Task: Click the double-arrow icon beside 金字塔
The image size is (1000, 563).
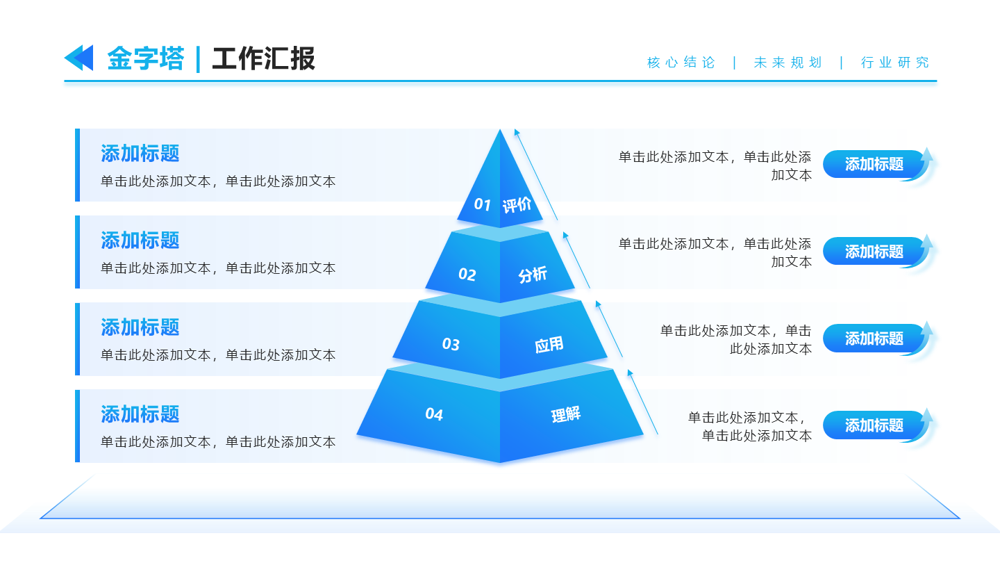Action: click(78, 58)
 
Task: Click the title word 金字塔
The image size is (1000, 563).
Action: click(146, 59)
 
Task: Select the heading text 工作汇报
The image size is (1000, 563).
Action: click(263, 59)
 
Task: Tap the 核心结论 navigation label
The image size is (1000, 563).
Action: click(681, 63)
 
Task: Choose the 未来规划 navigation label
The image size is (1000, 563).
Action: click(787, 63)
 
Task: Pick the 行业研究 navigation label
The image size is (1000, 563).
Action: click(894, 63)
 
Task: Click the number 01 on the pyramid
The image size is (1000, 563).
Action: click(483, 204)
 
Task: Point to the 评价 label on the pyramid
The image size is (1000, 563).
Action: click(517, 204)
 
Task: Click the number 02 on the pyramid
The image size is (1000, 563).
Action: click(467, 275)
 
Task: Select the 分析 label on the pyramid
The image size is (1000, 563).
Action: click(533, 275)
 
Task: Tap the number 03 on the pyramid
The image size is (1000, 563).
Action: click(451, 344)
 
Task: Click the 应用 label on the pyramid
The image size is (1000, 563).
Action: click(549, 344)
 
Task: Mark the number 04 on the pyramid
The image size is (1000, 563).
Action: click(434, 414)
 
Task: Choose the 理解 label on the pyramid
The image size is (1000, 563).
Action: click(566, 415)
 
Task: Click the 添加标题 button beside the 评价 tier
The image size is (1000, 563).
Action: click(874, 165)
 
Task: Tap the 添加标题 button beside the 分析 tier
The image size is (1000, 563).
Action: click(874, 252)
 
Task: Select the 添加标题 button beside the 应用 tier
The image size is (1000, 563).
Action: click(874, 338)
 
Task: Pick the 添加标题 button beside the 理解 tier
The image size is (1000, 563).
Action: click(874, 425)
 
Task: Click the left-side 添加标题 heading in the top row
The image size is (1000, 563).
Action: click(140, 154)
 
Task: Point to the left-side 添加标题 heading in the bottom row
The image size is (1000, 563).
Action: click(140, 414)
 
